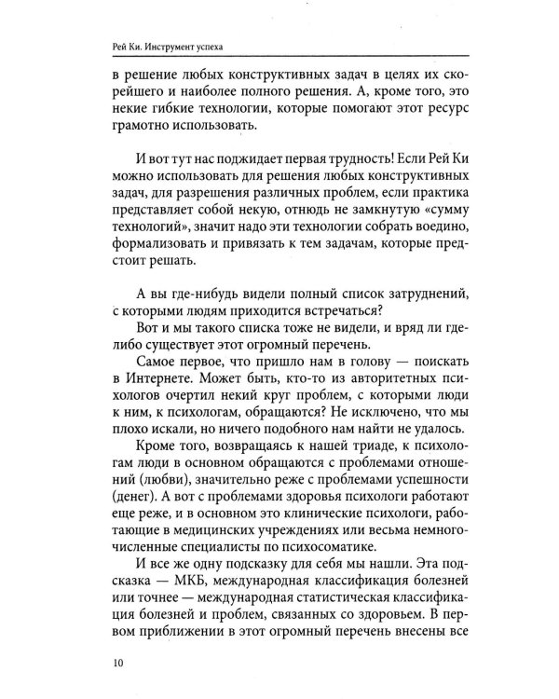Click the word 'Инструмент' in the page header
(175, 46)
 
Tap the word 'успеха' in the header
(229, 46)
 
